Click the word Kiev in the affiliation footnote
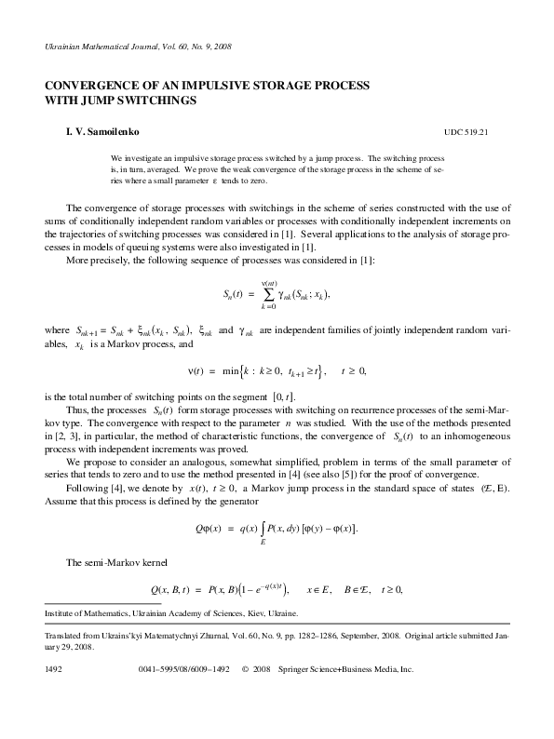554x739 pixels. [236, 614]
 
